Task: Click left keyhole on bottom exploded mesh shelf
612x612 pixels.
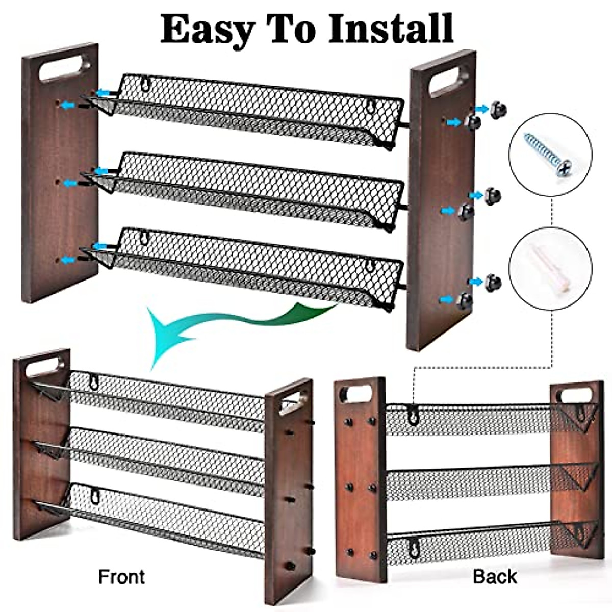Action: [145, 238]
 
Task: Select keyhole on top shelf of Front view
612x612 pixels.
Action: [94, 381]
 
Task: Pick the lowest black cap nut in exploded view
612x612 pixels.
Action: [466, 300]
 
